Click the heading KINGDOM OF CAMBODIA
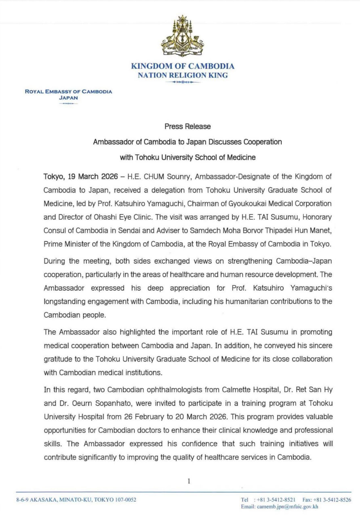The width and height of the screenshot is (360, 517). (x=183, y=66)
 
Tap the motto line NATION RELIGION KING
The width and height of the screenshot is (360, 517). (x=183, y=75)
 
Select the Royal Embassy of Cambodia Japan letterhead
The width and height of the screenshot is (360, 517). (x=69, y=94)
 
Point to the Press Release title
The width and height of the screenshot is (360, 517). (x=187, y=126)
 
